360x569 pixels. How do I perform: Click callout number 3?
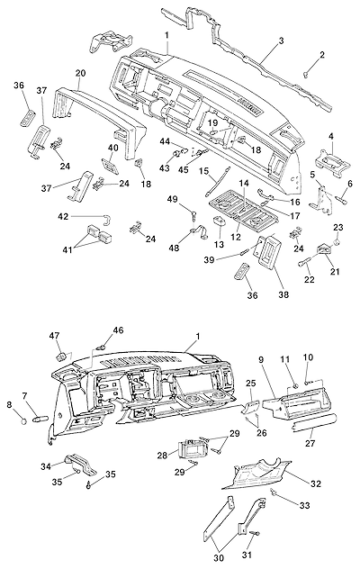281,41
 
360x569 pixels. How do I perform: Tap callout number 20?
80,73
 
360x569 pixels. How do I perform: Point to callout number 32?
316,483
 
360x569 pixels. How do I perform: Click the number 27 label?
310,443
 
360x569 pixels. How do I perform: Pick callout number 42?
63,216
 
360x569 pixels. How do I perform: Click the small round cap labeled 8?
24,421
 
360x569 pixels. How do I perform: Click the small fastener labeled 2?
305,75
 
